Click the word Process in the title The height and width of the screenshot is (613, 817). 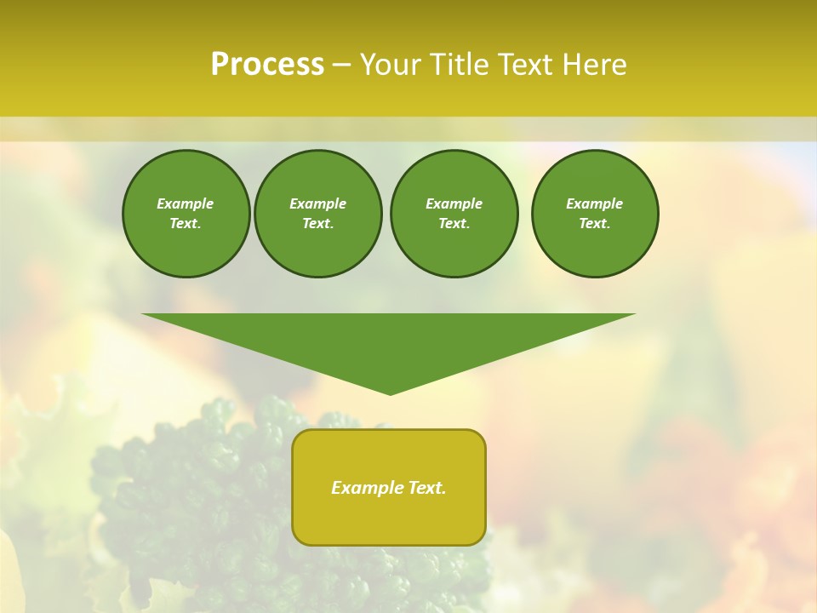[x=267, y=65]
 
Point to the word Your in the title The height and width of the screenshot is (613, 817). [x=391, y=65]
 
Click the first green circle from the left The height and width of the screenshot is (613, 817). [x=186, y=214]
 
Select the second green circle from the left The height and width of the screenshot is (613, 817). [x=317, y=214]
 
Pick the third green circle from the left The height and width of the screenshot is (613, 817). [x=454, y=214]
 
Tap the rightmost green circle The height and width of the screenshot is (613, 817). [x=595, y=214]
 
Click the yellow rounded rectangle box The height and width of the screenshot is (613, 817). [x=389, y=519]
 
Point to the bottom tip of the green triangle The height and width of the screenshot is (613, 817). [x=390, y=393]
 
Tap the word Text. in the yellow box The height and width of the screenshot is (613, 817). [x=426, y=488]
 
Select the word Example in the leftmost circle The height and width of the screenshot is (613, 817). [x=186, y=203]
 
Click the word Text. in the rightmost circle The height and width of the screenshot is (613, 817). [x=595, y=224]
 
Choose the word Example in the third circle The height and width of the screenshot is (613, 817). [x=454, y=203]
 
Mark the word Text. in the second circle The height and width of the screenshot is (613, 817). [x=317, y=224]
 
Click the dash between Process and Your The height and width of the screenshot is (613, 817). [x=341, y=66]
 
